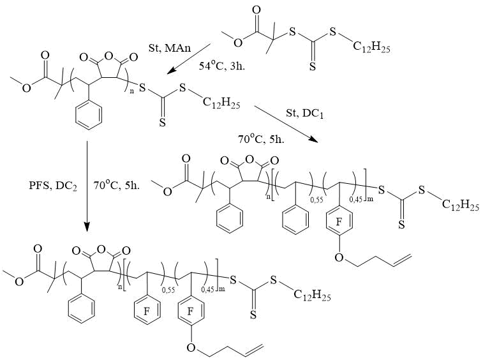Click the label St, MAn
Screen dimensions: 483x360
click(x=170, y=48)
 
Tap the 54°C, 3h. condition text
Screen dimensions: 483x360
click(x=222, y=66)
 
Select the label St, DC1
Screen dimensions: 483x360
click(x=305, y=114)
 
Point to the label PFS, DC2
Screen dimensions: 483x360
click(x=53, y=186)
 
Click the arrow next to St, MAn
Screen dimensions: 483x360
click(x=188, y=59)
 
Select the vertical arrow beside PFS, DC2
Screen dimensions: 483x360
click(x=87, y=186)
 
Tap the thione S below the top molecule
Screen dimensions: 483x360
click(x=313, y=66)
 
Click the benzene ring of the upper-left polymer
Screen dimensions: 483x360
click(x=89, y=114)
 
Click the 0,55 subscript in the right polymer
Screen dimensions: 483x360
click(x=316, y=200)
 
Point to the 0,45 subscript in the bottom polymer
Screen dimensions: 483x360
click(x=207, y=289)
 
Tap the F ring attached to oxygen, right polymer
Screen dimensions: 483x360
click(x=339, y=222)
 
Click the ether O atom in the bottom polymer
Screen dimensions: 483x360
click(x=191, y=348)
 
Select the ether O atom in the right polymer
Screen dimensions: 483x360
click(x=339, y=258)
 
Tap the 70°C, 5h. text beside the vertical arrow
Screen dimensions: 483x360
click(x=117, y=186)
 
